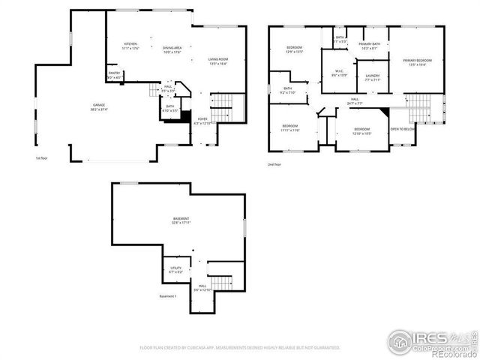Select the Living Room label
coord(217,61)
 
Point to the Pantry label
coord(114,76)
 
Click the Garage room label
coord(99,107)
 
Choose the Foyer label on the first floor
coord(202,121)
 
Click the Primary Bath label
coord(369,46)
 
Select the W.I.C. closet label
coord(339,73)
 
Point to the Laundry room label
coord(373,77)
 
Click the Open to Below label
coord(402,129)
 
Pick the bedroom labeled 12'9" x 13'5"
coord(294,50)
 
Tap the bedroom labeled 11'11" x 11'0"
coord(290,127)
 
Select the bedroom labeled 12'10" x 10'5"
coord(362,130)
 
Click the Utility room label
coord(177,269)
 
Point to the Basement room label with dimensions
coord(181,220)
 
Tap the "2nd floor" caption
coord(274,163)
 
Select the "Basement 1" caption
coord(169,296)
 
